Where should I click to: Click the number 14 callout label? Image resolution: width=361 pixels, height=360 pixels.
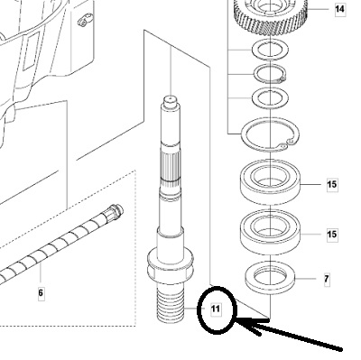point(339,9)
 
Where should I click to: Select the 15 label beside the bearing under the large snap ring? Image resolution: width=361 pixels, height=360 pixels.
point(332,184)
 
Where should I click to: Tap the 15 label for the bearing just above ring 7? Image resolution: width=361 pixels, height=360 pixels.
point(332,234)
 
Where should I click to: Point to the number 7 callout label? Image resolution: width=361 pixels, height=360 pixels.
point(327,279)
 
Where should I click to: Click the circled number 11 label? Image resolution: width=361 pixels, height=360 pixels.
point(216,309)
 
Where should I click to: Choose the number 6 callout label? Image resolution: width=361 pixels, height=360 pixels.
point(41,292)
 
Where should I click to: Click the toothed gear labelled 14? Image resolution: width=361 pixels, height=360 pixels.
point(271,15)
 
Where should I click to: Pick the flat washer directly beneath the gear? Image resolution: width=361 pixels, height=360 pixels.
point(270,49)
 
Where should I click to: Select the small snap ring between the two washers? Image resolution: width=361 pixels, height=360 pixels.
point(270,73)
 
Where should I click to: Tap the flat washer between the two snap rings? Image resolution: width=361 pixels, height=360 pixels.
point(270,97)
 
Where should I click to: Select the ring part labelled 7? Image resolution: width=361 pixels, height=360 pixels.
point(271,277)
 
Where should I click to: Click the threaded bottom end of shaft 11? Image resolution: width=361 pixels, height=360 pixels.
point(171,304)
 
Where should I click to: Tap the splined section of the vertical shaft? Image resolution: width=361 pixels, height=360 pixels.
point(171,166)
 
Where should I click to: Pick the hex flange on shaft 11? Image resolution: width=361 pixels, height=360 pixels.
point(170,264)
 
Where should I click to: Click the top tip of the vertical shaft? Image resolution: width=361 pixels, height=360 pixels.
point(171,97)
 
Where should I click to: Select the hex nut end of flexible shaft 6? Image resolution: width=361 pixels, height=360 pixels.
point(115,211)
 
